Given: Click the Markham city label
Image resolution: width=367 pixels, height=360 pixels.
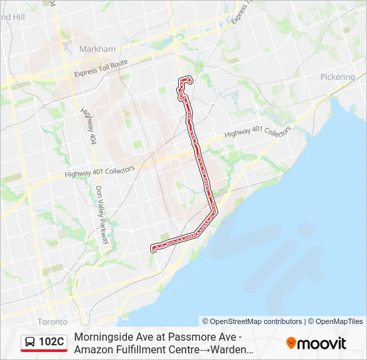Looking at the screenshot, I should [x=97, y=49].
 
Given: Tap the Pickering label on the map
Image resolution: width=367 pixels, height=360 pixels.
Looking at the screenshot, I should [x=337, y=77].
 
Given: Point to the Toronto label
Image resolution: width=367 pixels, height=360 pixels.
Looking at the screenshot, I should [x=53, y=321].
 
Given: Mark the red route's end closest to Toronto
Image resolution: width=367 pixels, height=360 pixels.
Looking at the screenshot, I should [x=154, y=249].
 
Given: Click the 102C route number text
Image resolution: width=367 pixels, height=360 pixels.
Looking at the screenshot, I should [x=51, y=342].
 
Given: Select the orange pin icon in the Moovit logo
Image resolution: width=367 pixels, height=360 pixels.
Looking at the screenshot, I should [x=291, y=343].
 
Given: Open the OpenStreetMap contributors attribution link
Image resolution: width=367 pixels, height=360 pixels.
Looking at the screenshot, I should [x=253, y=321].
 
